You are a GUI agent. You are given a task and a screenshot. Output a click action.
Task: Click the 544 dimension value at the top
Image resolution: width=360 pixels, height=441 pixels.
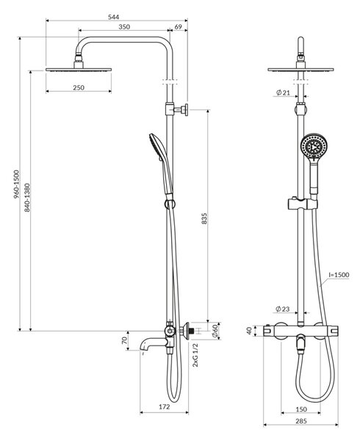(114, 17)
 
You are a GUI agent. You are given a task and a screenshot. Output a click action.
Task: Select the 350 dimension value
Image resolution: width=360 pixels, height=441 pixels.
(124, 26)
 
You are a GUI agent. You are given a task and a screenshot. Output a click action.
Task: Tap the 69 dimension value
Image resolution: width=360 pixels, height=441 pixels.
(179, 26)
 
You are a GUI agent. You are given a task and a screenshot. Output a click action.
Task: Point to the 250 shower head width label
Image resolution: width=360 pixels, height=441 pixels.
(79, 87)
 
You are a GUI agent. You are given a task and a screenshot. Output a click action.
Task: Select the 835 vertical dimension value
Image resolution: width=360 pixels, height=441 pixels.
(204, 218)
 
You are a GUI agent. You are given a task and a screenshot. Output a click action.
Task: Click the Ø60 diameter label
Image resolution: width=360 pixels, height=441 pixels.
(215, 331)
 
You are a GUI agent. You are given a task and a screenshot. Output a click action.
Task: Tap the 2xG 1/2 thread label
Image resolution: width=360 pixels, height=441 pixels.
(195, 355)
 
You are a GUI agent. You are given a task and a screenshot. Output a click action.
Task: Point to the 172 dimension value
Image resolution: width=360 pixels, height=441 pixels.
(165, 406)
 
